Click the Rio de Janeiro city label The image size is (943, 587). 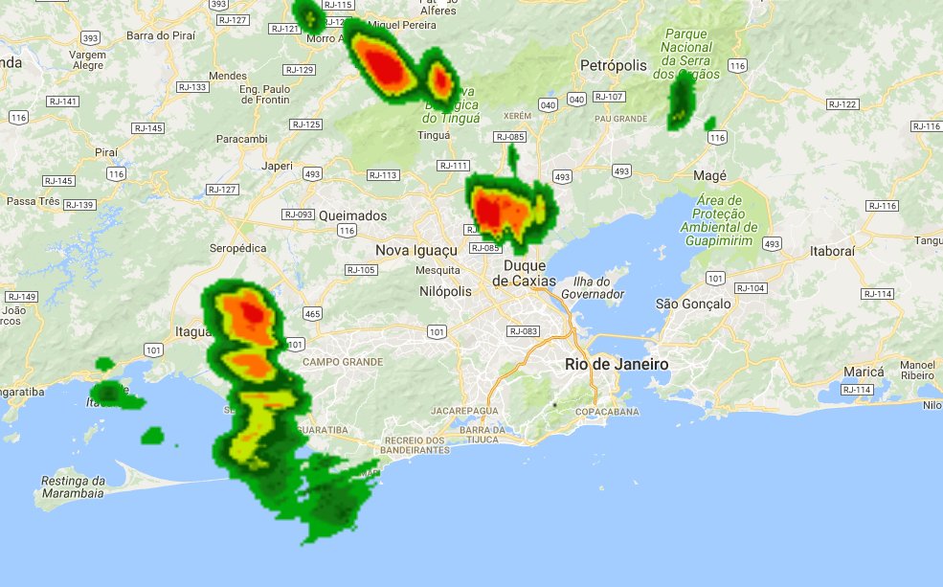click(x=617, y=365)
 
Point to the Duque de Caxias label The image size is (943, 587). click(x=518, y=273)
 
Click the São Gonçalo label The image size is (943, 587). click(x=693, y=304)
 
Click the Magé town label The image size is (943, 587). click(x=709, y=176)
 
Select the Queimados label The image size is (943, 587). click(x=353, y=215)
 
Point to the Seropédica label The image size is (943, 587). click(x=237, y=248)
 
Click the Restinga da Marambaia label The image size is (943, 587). click(x=73, y=486)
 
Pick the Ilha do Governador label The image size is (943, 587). click(x=599, y=287)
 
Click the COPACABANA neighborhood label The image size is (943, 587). click(x=607, y=411)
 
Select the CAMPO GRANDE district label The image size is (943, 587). click(x=343, y=362)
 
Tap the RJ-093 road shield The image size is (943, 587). click(x=298, y=214)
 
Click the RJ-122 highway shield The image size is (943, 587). click(x=842, y=104)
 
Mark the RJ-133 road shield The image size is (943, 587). click(x=192, y=87)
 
